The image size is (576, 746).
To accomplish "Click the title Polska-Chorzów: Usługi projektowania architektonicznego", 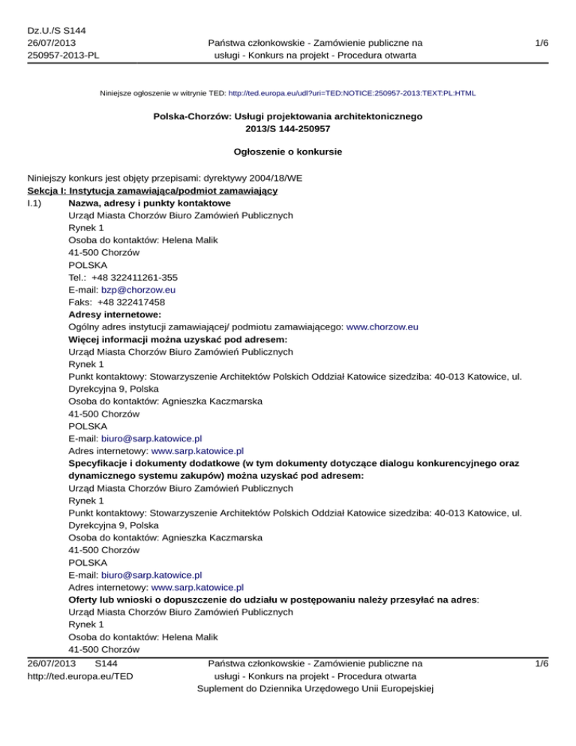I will (x=288, y=117).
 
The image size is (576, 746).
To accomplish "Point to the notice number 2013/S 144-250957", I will (x=288, y=129).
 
